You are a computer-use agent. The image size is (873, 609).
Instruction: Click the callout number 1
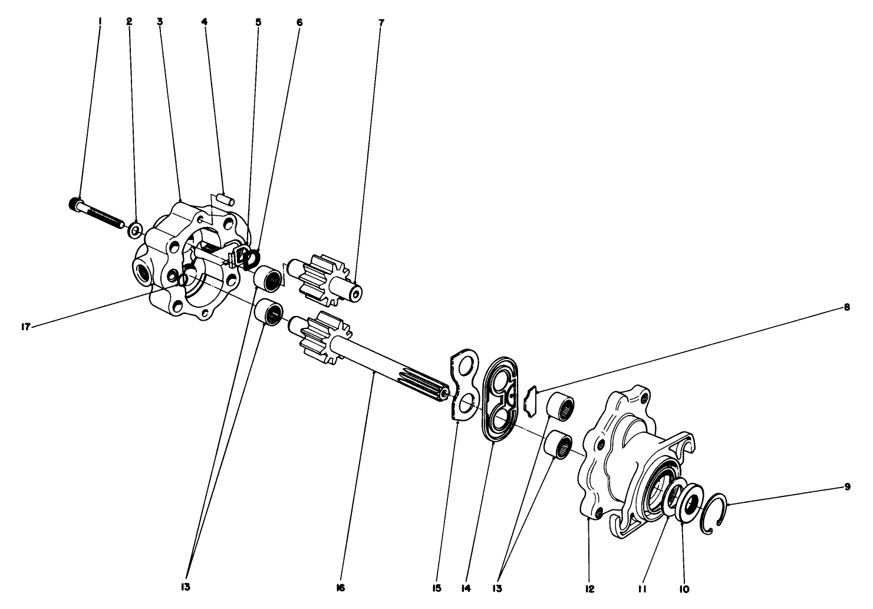(x=100, y=21)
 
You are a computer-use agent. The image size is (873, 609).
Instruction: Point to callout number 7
(x=381, y=22)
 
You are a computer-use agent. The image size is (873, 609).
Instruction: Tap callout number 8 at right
(x=847, y=307)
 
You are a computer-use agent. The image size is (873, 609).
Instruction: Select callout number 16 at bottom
(x=341, y=588)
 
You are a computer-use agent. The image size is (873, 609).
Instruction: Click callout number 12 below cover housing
(x=590, y=588)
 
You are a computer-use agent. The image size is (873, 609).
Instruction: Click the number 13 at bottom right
(x=499, y=588)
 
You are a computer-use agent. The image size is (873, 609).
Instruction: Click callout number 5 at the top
(x=258, y=22)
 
